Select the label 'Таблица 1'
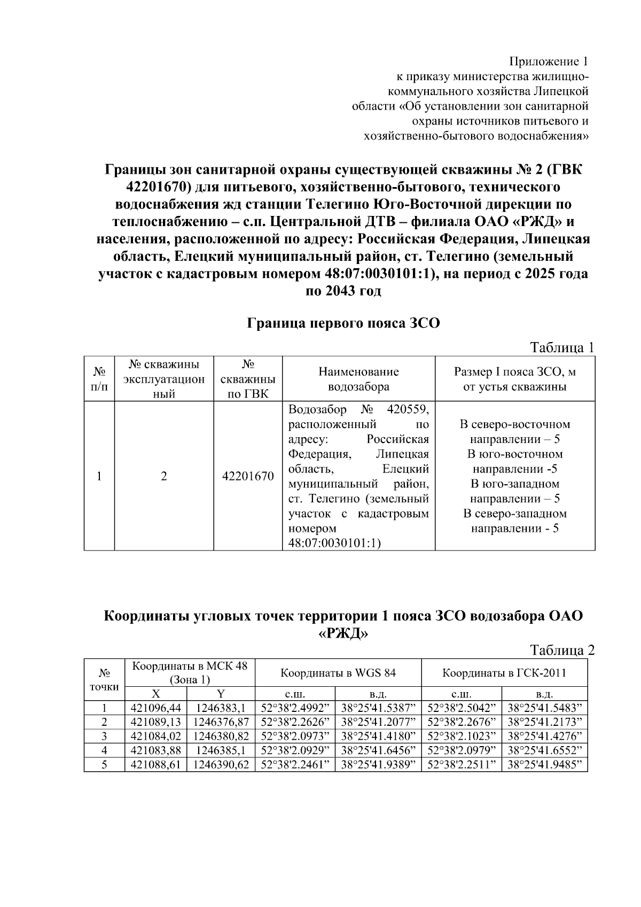(561, 348)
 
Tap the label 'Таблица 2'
(561, 650)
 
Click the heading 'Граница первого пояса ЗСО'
(343, 323)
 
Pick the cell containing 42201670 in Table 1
(248, 476)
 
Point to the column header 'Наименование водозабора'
(358, 379)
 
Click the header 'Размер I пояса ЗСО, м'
(514, 372)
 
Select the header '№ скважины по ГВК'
(248, 379)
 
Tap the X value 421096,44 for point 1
(156, 708)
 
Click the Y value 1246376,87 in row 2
(221, 722)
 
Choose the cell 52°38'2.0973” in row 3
(295, 736)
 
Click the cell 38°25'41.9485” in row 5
(544, 765)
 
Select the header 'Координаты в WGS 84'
(338, 672)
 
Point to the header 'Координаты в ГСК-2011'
(504, 672)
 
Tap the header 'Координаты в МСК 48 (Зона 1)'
(190, 672)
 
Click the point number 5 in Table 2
(104, 765)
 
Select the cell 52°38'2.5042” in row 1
(462, 708)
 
